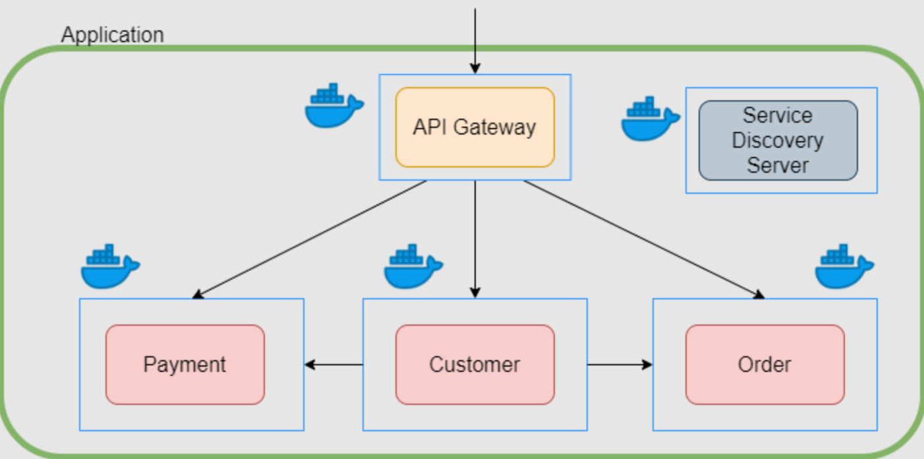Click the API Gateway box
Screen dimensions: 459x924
[x=475, y=127]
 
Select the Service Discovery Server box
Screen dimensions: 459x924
[x=778, y=140]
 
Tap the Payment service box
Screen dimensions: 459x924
[x=185, y=364]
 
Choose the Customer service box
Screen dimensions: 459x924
[x=475, y=364]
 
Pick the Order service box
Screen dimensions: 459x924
[x=765, y=364]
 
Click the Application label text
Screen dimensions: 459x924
[x=112, y=34]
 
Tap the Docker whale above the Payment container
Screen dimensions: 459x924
[x=109, y=266]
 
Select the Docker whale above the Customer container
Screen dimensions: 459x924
[x=413, y=266]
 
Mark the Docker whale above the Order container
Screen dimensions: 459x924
[x=844, y=266]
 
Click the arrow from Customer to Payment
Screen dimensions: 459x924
[x=333, y=364]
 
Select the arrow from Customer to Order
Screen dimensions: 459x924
[x=620, y=364]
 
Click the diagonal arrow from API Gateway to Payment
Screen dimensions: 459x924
[x=310, y=239]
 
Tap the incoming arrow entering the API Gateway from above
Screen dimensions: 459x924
[x=475, y=40]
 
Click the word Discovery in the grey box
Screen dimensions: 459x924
[x=778, y=140]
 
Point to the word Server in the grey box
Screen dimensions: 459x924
[x=778, y=165]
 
